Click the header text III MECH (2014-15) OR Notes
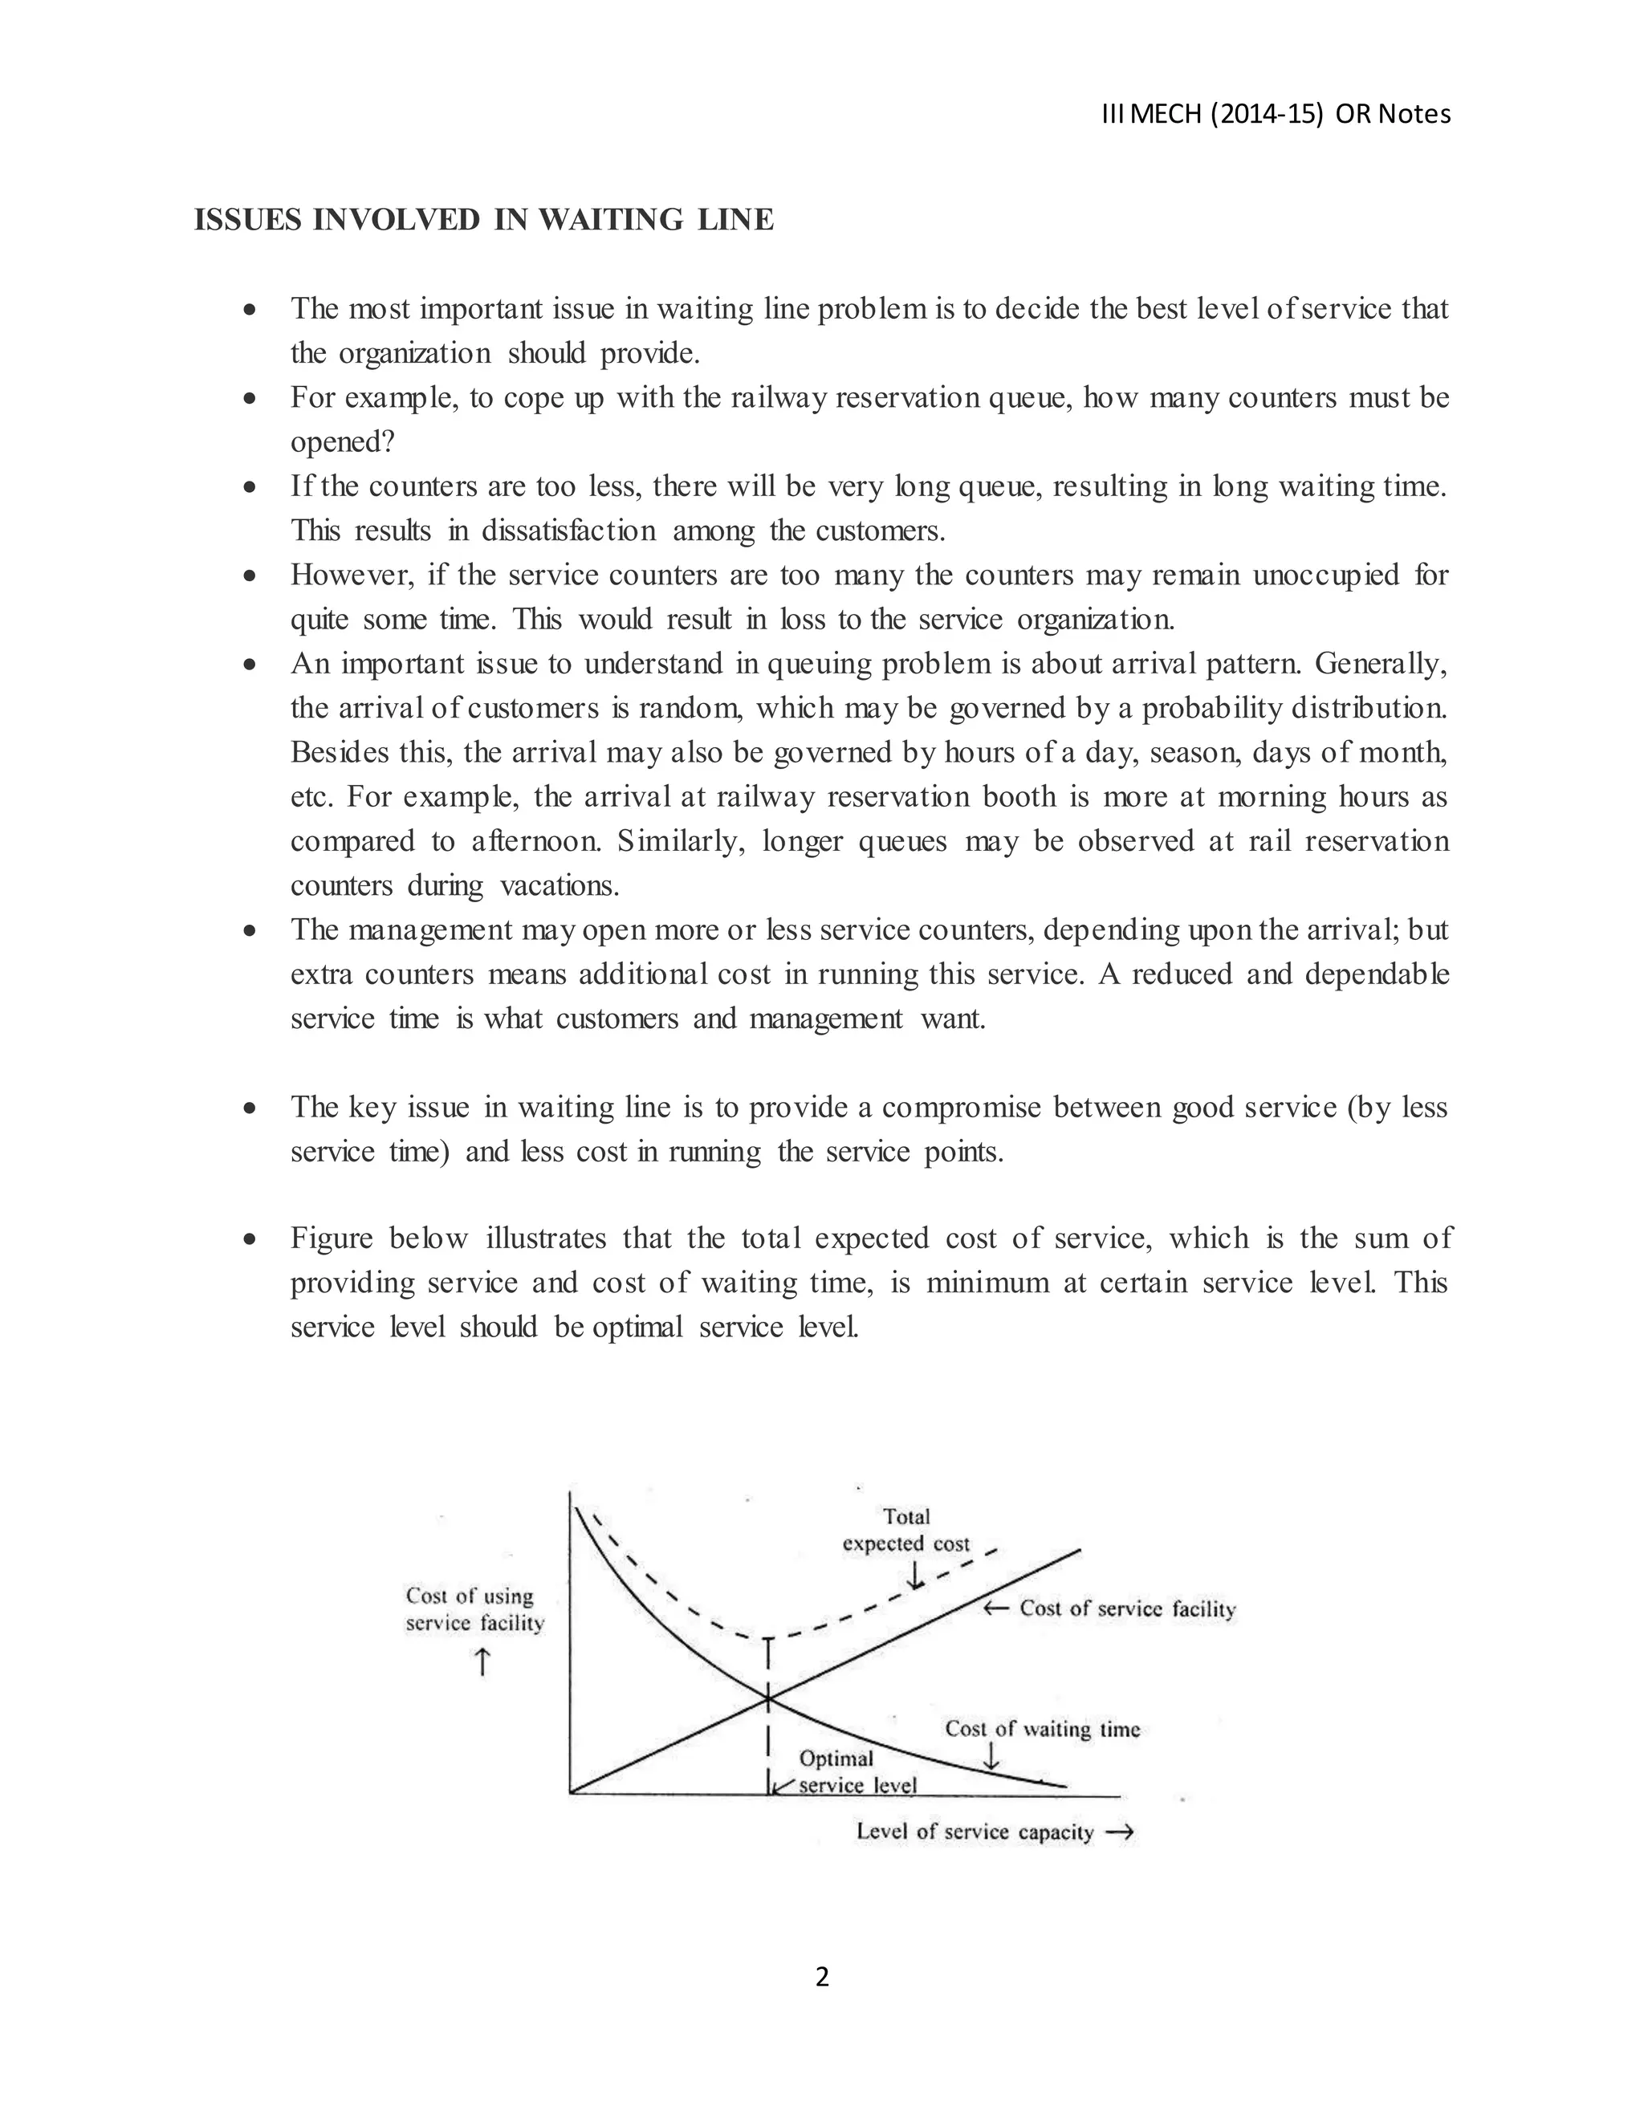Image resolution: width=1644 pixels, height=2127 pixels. pos(1276,115)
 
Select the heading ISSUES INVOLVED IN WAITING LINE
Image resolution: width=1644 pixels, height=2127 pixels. pos(484,220)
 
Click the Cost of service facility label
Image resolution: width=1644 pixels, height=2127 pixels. pos(1127,1608)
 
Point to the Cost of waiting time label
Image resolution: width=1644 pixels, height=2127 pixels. pos(1042,1729)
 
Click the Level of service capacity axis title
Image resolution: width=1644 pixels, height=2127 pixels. pos(975,1831)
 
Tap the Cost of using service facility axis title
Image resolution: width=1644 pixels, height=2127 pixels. pos(474,1608)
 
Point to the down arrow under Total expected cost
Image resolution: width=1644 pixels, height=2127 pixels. pos(914,1575)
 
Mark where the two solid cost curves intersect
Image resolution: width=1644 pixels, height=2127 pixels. pos(768,1698)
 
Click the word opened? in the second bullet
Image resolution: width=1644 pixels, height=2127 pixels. pos(343,442)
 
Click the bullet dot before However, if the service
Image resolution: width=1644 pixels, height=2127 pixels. pos(251,575)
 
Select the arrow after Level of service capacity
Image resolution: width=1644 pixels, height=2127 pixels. pos(1122,1831)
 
